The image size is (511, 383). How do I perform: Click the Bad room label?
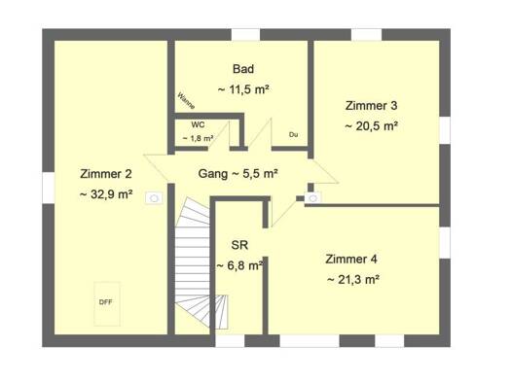click(x=243, y=69)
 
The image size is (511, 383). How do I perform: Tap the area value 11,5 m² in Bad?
click(x=243, y=89)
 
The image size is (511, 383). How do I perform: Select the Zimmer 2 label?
click(x=106, y=174)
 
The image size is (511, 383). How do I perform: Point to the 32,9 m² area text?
click(x=106, y=194)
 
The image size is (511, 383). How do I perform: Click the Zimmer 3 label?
click(x=371, y=106)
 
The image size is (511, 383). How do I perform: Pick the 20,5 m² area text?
click(x=371, y=126)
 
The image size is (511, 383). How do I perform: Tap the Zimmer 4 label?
click(x=351, y=260)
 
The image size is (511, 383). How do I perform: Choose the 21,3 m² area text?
click(x=353, y=280)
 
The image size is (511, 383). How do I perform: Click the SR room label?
click(x=239, y=245)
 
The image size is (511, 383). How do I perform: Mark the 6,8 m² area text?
click(x=240, y=265)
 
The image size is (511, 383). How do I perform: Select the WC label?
click(x=198, y=124)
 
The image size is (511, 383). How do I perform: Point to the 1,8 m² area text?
click(x=198, y=138)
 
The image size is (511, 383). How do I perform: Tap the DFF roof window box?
click(x=107, y=303)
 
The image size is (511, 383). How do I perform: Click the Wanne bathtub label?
click(x=186, y=100)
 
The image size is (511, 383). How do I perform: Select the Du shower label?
click(x=293, y=134)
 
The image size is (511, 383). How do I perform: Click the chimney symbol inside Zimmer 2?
click(x=154, y=198)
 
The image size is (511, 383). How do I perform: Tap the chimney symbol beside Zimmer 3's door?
click(x=312, y=198)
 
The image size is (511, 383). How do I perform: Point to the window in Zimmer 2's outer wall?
click(x=49, y=188)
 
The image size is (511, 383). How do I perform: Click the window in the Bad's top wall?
click(x=245, y=35)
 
